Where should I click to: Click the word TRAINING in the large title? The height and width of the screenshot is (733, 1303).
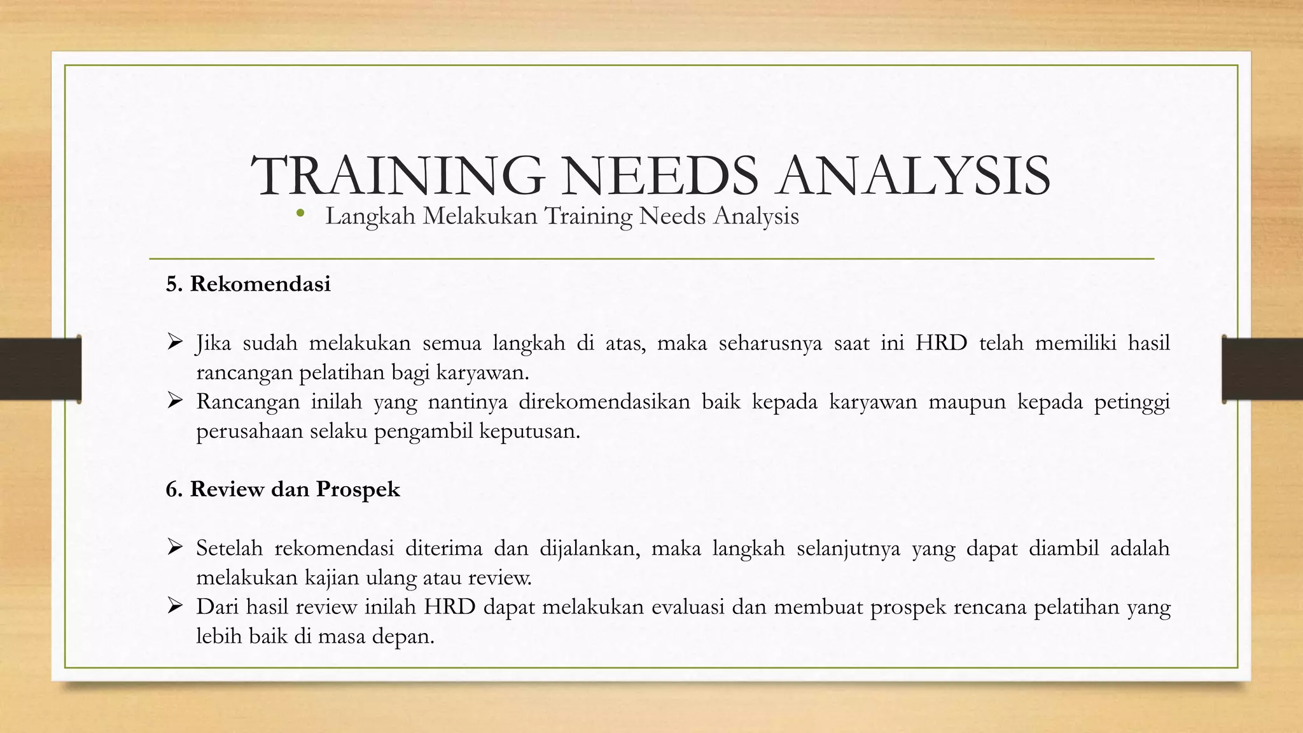[398, 176]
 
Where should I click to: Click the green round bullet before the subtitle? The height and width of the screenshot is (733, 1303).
[300, 214]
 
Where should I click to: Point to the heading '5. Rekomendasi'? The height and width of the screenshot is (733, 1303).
[248, 284]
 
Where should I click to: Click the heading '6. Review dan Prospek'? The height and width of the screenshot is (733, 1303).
[282, 489]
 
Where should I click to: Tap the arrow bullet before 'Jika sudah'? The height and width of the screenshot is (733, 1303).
[175, 343]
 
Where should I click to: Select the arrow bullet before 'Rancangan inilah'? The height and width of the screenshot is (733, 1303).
[175, 401]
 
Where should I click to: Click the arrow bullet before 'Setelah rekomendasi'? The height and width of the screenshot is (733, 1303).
[175, 548]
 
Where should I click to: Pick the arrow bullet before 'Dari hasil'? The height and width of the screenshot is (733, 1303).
[175, 606]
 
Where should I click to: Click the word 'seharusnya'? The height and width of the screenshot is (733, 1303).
[770, 344]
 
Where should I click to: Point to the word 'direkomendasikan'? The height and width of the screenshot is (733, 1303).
[604, 402]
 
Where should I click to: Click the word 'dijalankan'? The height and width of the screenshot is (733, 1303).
[590, 548]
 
